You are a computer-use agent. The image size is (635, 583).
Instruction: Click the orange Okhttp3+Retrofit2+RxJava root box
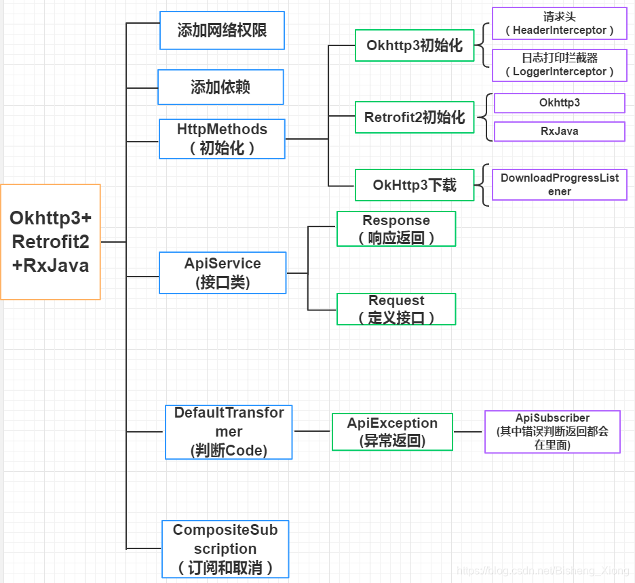coord(51,241)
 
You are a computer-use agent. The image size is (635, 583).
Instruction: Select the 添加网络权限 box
coord(222,31)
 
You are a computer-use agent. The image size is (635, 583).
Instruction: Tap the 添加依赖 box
coord(220,87)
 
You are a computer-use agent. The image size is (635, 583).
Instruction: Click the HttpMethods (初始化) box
coord(222,139)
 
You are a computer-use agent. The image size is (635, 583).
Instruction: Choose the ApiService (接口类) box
coord(223,273)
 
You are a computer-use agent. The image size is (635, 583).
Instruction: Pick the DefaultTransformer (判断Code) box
coord(229,432)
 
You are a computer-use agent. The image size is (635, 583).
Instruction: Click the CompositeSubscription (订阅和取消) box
coord(225,548)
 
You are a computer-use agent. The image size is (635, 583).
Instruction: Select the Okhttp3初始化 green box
coord(415,45)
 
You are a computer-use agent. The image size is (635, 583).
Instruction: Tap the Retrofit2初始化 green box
coord(415,117)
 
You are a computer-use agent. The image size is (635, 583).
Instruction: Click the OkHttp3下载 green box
coord(415,185)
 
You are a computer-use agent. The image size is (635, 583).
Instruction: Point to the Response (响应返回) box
coord(396,228)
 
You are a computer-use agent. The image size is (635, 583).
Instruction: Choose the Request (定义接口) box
coord(396,309)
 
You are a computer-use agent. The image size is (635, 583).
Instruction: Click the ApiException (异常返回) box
coord(392,432)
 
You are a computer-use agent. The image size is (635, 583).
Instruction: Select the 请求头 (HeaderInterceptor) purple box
coord(559,24)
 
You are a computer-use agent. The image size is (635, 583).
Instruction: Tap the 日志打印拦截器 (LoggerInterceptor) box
coord(559,65)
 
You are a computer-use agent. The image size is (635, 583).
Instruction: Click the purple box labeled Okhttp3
coord(559,103)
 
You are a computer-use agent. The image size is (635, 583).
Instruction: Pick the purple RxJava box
coord(559,132)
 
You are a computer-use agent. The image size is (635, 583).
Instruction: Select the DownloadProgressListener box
coord(559,184)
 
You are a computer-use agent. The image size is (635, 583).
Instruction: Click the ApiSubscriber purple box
coord(552,432)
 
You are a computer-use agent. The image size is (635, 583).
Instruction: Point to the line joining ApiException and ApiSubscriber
coord(468,431)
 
